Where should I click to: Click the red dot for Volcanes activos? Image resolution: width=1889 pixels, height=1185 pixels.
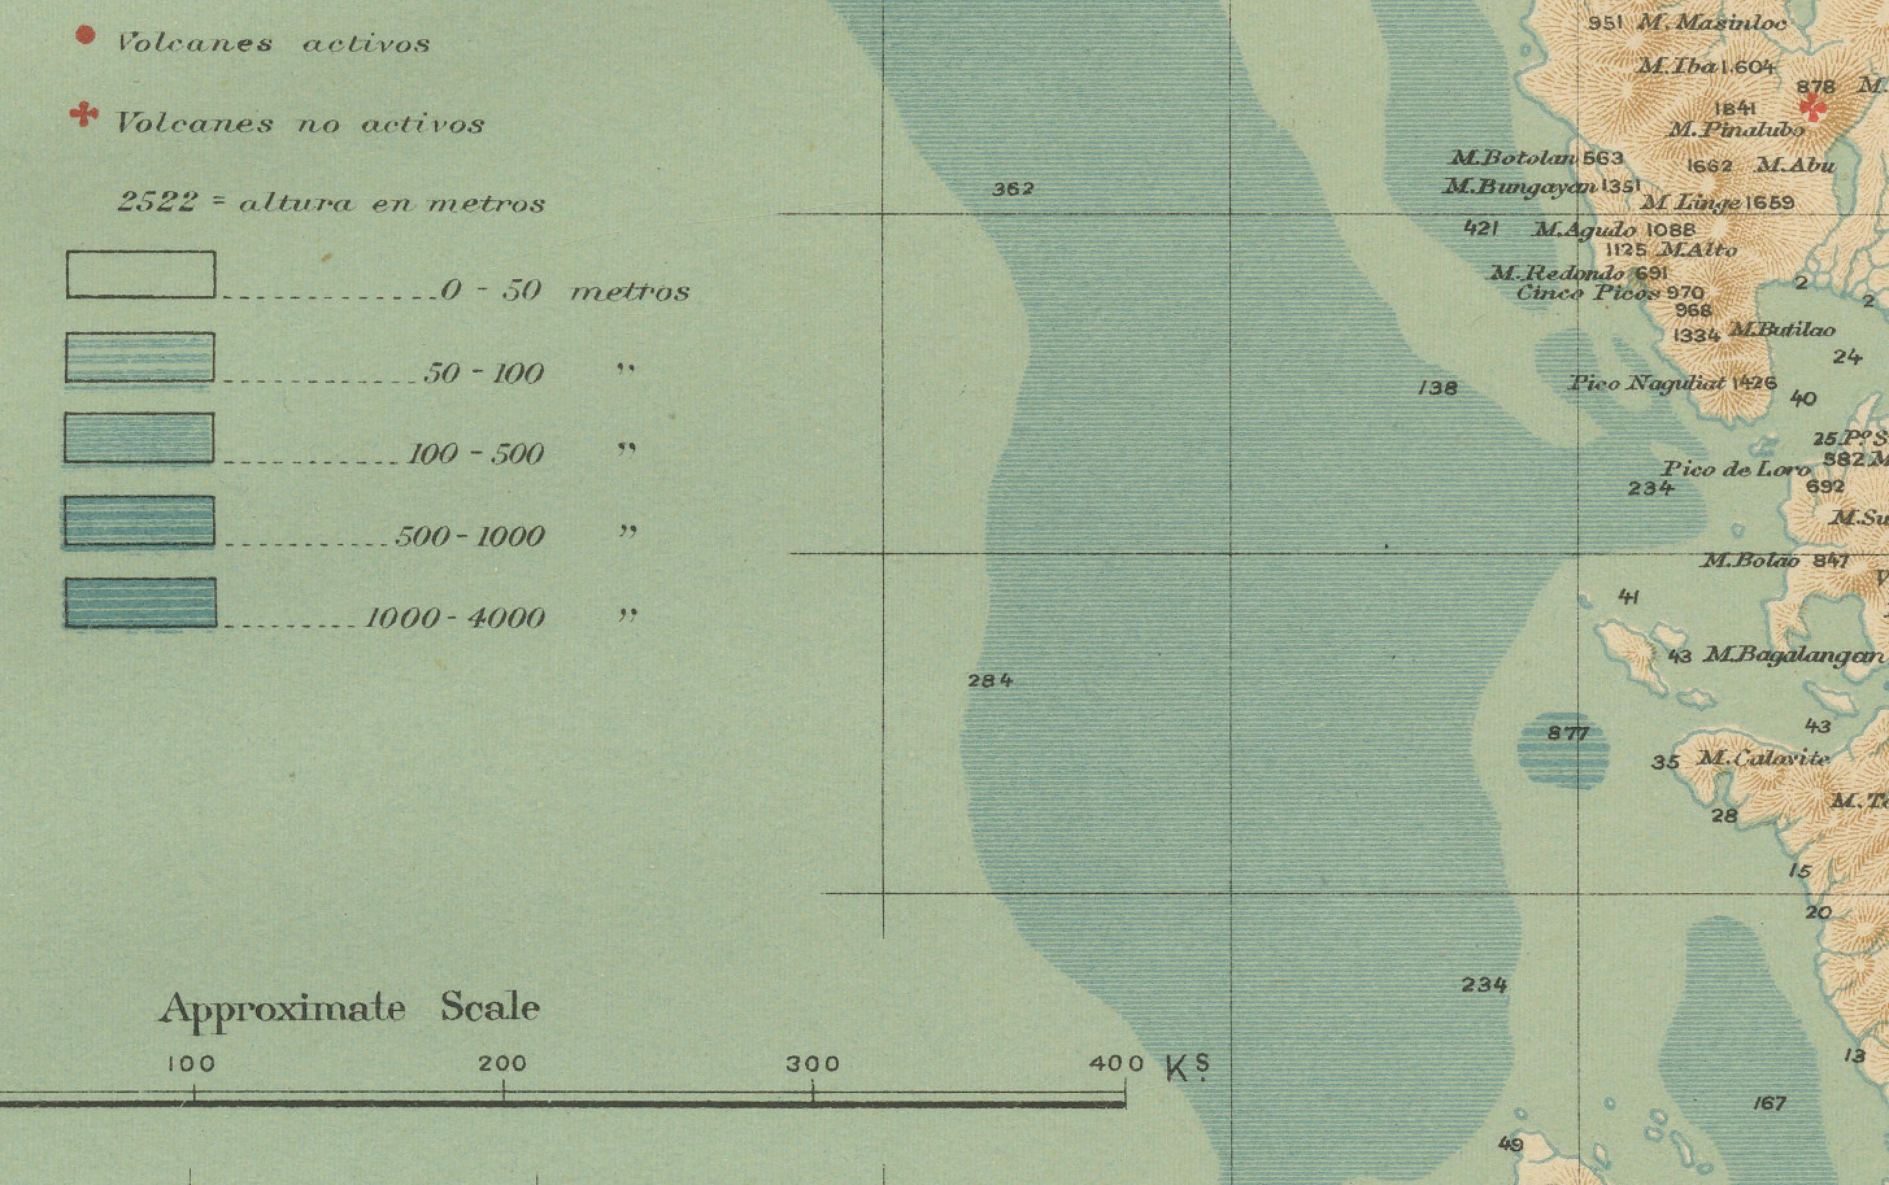[84, 35]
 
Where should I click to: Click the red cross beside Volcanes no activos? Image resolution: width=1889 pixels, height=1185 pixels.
[83, 116]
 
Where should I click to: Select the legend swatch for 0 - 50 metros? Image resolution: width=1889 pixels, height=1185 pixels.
[141, 275]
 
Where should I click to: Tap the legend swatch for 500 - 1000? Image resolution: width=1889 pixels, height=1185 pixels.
[140, 520]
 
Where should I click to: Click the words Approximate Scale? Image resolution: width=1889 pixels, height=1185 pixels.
[350, 1008]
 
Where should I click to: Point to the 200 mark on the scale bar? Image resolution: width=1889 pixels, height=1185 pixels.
[502, 1064]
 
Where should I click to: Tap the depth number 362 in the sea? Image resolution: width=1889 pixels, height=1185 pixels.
[1013, 189]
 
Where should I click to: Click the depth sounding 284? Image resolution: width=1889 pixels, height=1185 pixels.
[990, 680]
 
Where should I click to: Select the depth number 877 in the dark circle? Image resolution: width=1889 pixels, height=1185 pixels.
[1568, 733]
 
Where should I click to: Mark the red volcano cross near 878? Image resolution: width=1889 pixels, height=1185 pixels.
[1813, 106]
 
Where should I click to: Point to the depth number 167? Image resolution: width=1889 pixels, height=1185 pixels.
[1770, 1103]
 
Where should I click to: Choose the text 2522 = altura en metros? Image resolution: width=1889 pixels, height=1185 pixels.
[331, 203]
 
